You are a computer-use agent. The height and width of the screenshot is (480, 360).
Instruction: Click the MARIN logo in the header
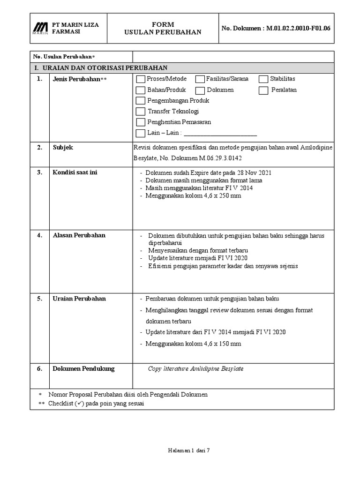click(40, 28)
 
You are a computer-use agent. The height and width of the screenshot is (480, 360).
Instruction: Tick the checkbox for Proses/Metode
click(141, 79)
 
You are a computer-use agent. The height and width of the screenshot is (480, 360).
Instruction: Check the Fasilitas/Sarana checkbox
click(200, 79)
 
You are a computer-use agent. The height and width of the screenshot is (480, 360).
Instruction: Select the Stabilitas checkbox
click(263, 79)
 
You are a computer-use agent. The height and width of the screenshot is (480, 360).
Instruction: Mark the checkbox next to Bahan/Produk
click(141, 90)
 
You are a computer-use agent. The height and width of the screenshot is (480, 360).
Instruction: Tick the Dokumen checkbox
click(200, 90)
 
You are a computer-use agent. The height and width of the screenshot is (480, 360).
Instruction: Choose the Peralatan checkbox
click(263, 90)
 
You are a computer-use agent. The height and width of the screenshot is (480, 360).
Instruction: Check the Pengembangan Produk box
click(141, 101)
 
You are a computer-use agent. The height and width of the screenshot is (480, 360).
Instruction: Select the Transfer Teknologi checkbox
click(141, 112)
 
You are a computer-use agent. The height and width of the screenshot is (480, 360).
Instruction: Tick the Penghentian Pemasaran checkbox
click(141, 122)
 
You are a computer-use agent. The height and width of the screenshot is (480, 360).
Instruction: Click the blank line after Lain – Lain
click(220, 133)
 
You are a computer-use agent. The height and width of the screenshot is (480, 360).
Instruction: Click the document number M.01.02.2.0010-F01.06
click(298, 28)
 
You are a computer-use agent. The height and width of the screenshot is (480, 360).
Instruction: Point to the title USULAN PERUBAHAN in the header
click(163, 32)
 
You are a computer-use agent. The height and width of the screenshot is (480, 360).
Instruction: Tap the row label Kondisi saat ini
click(75, 172)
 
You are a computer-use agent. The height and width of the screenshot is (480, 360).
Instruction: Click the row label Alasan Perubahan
click(79, 235)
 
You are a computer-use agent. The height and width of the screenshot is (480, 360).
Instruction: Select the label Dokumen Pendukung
click(83, 369)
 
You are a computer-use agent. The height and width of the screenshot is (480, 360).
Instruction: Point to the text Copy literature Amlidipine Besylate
click(195, 369)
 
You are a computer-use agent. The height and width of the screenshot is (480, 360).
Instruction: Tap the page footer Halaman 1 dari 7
click(188, 450)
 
